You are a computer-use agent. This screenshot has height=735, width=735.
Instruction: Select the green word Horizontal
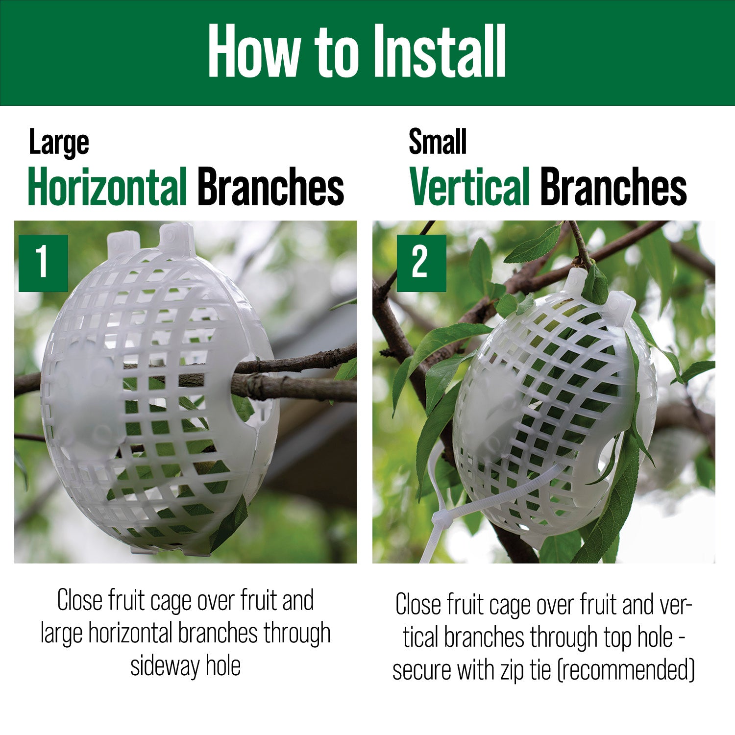[x=107, y=187]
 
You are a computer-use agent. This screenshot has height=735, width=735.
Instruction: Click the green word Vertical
[x=470, y=187]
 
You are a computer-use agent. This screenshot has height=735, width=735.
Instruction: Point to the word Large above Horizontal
[x=59, y=143]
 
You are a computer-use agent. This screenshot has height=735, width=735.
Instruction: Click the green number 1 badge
[x=43, y=263]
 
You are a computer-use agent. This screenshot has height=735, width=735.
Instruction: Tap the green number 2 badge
[x=421, y=263]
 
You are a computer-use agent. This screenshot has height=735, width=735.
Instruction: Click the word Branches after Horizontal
[x=271, y=187]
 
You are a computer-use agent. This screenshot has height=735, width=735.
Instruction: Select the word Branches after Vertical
[x=613, y=187]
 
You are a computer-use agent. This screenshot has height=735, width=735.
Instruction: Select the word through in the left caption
[x=297, y=634]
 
